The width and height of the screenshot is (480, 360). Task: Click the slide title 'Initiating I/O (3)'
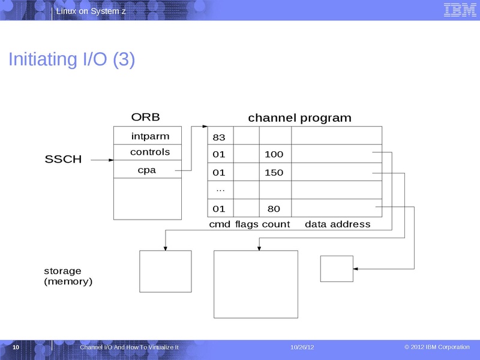(x=71, y=59)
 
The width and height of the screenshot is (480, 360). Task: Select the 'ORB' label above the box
(x=145, y=117)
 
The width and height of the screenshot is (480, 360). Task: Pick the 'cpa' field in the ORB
(x=147, y=170)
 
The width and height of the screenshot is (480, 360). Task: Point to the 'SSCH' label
(x=63, y=160)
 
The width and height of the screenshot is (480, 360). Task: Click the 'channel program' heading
(x=299, y=118)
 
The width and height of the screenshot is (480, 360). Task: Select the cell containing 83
(x=219, y=137)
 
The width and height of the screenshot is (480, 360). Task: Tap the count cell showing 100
(x=274, y=155)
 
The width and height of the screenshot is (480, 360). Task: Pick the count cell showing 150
(x=274, y=173)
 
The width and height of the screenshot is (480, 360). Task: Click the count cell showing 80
(x=274, y=209)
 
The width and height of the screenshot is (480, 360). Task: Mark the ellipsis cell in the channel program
(x=220, y=190)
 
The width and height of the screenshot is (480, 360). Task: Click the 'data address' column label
(x=337, y=224)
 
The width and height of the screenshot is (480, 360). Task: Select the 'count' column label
(x=275, y=224)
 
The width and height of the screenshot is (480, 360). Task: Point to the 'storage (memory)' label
(x=68, y=276)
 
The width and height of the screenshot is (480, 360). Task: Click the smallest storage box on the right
(x=336, y=268)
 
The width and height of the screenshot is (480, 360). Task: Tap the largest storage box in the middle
(x=256, y=284)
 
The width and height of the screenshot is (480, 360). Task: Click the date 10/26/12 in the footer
(x=302, y=348)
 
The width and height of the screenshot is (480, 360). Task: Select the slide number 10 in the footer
(x=16, y=348)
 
